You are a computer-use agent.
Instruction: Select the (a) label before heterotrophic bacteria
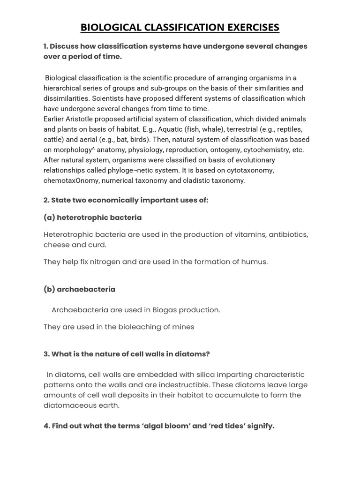coord(49,217)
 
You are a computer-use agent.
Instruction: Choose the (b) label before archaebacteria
coord(49,289)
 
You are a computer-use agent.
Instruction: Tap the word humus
coord(256,262)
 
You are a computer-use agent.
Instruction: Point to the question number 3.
coord(46,354)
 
